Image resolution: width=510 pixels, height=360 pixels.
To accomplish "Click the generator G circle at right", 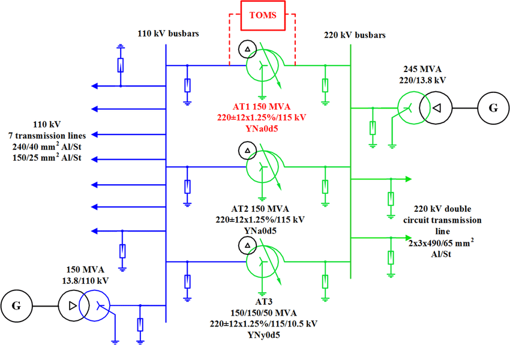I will (x=493, y=108).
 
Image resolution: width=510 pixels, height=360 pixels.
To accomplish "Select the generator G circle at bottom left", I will (x=16, y=305).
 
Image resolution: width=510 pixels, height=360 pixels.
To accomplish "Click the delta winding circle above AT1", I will (x=246, y=48).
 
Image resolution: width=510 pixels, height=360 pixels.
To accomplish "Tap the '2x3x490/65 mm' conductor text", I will (x=440, y=242).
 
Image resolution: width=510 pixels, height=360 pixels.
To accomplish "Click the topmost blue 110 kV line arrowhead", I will (x=95, y=86).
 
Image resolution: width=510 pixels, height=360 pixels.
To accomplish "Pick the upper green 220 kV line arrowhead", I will (x=409, y=179).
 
